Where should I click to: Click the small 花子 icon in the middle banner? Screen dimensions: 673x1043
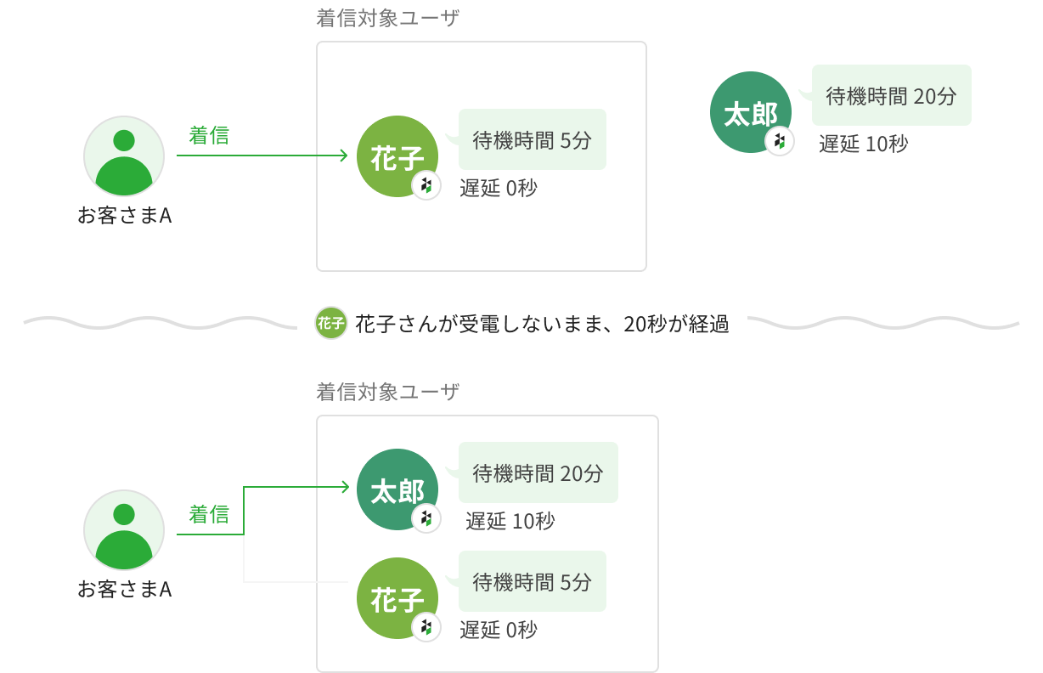[330, 323]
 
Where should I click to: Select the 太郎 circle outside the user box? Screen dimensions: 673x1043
[749, 113]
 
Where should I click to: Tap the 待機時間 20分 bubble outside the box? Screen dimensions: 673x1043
[891, 96]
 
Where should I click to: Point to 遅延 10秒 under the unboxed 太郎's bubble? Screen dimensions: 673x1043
[863, 144]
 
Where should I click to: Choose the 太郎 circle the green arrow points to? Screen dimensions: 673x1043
[397, 489]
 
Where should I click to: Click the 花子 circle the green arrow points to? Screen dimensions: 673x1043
[397, 157]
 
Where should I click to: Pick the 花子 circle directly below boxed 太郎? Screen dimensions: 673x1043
[397, 598]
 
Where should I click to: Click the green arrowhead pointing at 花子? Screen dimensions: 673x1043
[343, 156]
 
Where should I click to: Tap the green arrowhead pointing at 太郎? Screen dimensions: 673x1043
[344, 487]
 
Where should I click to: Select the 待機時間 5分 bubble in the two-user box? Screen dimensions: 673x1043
[532, 582]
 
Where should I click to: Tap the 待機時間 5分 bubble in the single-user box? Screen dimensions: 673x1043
[532, 140]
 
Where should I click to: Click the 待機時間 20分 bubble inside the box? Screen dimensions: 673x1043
[538, 473]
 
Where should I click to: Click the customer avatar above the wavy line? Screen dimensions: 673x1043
[124, 156]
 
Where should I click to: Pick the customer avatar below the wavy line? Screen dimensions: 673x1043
[124, 529]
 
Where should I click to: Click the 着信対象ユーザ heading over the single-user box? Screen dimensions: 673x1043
[387, 19]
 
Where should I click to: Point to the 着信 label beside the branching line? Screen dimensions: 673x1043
[208, 514]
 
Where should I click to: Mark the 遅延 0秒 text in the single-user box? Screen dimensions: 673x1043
[499, 189]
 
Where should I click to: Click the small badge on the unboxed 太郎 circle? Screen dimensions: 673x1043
[780, 142]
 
